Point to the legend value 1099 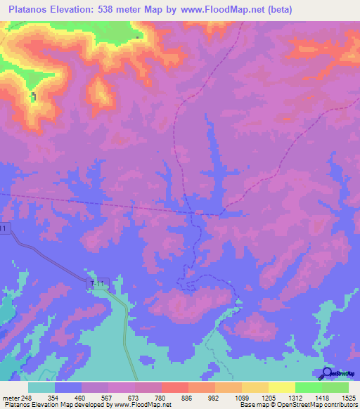[x=242, y=398]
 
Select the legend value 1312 [x=295, y=398]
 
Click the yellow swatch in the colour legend [x=281, y=387]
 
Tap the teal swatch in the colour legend [x=41, y=387]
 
